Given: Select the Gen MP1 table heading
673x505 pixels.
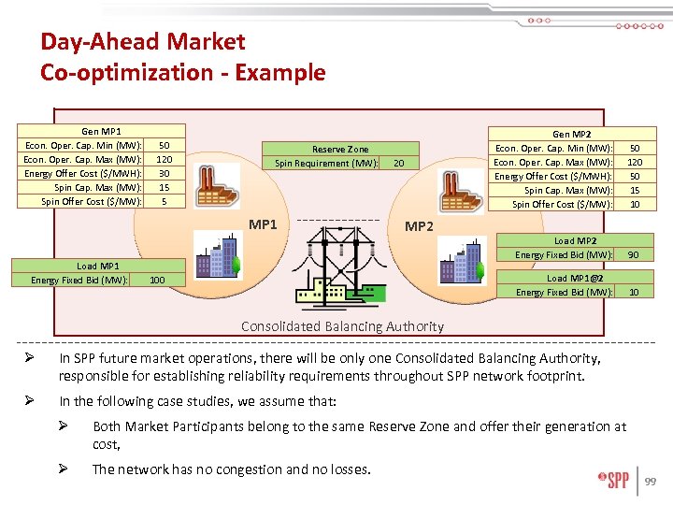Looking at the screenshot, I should pyautogui.click(x=101, y=132).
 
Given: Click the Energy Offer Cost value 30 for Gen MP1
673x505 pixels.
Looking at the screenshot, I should pyautogui.click(x=165, y=173).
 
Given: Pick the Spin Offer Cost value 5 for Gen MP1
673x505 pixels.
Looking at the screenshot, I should pyautogui.click(x=165, y=201).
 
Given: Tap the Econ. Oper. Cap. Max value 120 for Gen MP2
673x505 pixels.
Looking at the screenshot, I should pyautogui.click(x=635, y=162).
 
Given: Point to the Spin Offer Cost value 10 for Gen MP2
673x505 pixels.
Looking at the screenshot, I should pyautogui.click(x=635, y=204).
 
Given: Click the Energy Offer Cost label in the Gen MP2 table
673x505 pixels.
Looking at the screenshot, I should pyautogui.click(x=552, y=176).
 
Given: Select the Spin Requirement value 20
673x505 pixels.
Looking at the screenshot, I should pyautogui.click(x=399, y=163).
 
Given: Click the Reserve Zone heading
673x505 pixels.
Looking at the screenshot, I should pyautogui.click(x=340, y=149).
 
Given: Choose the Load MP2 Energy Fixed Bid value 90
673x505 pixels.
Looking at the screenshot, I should pyautogui.click(x=634, y=254).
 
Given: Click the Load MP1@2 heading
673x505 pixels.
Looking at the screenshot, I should pyautogui.click(x=576, y=278).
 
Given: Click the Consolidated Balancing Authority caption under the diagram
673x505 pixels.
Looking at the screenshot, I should pyautogui.click(x=342, y=326).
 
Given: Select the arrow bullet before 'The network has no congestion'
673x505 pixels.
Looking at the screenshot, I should pyautogui.click(x=69, y=469).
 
